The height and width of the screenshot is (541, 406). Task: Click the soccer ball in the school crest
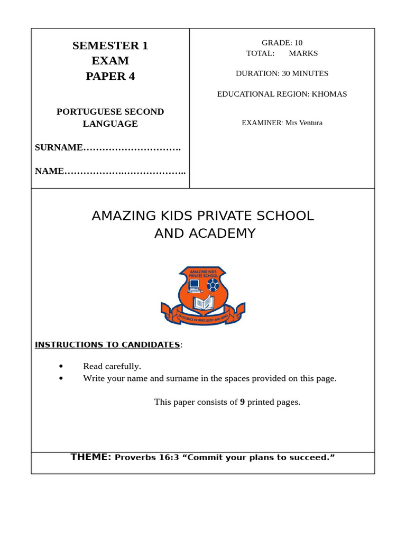(x=213, y=285)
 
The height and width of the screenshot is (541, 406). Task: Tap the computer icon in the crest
(x=195, y=286)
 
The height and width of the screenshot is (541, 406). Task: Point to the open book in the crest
(x=203, y=303)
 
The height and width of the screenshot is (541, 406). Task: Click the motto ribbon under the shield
(x=203, y=318)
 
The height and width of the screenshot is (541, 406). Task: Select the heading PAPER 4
(x=110, y=76)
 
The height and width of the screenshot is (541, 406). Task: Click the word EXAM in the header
(x=110, y=61)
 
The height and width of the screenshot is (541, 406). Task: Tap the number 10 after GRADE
(x=298, y=43)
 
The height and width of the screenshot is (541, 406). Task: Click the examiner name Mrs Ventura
(x=303, y=123)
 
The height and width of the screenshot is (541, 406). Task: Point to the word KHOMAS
(x=329, y=94)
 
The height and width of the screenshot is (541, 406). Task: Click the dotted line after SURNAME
(x=132, y=148)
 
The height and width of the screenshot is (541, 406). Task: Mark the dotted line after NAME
(x=125, y=171)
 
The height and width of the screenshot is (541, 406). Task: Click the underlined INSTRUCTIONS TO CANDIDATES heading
(x=107, y=344)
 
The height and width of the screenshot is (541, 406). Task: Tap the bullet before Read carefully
(x=61, y=366)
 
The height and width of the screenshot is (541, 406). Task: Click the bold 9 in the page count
(x=242, y=402)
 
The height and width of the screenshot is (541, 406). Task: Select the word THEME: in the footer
(x=91, y=457)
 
